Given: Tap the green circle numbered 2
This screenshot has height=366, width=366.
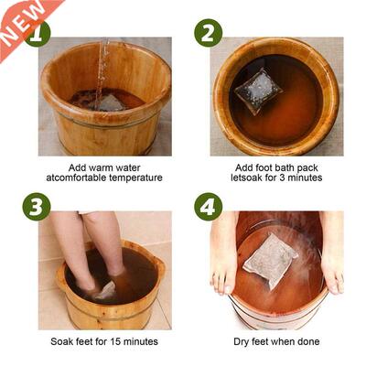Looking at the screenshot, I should coord(208,33).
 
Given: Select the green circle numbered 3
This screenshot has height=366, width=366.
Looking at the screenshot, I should coord(36,206).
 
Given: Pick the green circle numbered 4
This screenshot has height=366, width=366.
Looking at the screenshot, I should coord(208,206).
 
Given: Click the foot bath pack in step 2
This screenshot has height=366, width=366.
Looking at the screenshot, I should coord(259,90).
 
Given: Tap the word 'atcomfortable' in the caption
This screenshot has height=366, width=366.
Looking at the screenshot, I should coord(76,177).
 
